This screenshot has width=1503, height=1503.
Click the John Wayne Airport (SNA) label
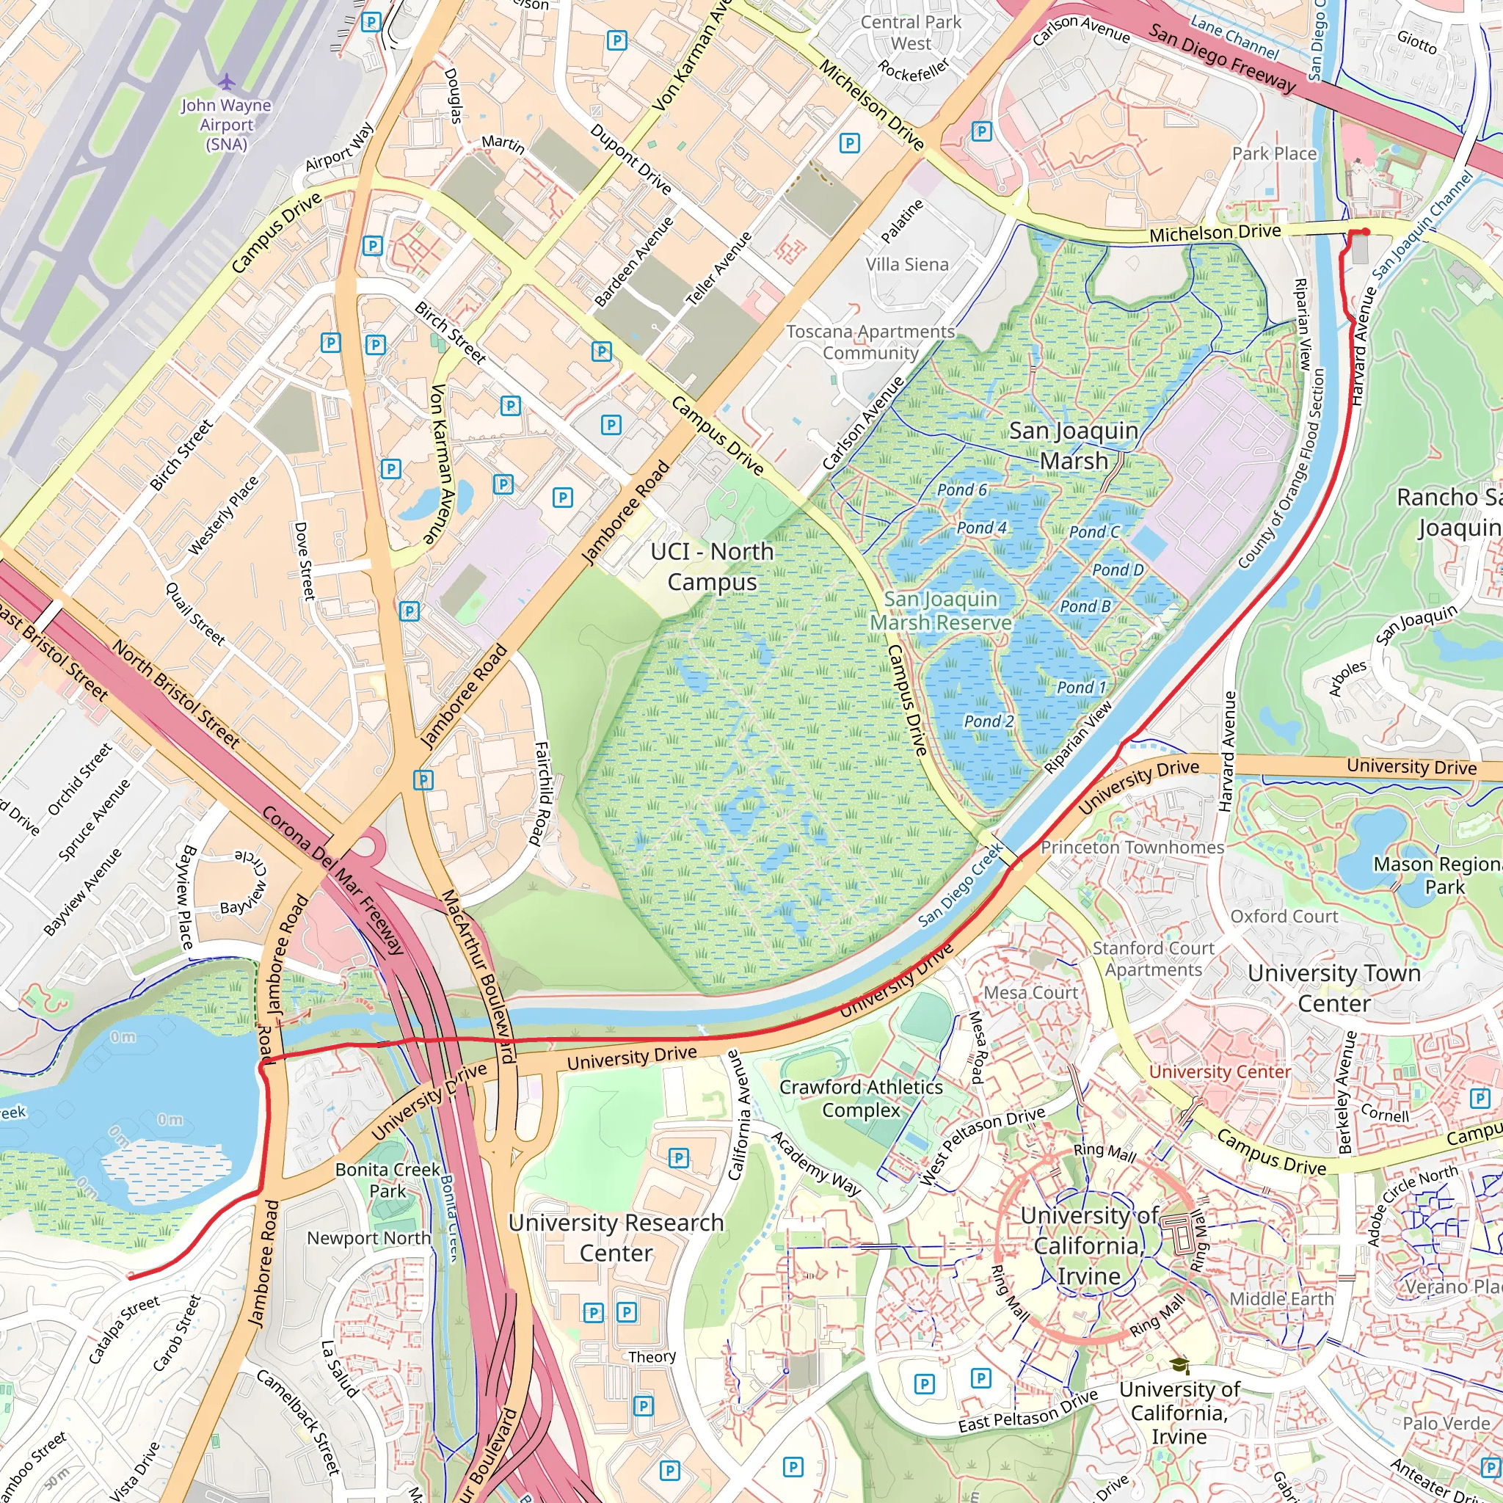pyautogui.click(x=225, y=125)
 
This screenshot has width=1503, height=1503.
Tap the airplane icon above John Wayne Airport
pyautogui.click(x=225, y=81)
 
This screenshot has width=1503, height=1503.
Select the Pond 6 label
pyautogui.click(x=961, y=490)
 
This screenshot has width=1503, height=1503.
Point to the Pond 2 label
pyautogui.click(x=988, y=721)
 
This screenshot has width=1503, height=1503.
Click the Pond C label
pyautogui.click(x=1093, y=532)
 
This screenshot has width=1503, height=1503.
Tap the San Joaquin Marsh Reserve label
pyautogui.click(x=941, y=611)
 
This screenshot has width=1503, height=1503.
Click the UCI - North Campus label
pyautogui.click(x=712, y=567)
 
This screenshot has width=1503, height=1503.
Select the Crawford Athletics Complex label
pyautogui.click(x=860, y=1098)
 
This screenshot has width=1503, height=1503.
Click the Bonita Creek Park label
pyautogui.click(x=387, y=1179)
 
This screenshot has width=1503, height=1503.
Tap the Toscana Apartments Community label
pyautogui.click(x=870, y=342)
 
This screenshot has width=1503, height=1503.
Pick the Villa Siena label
pyautogui.click(x=907, y=264)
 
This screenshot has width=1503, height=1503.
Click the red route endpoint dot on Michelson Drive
pyautogui.click(x=1365, y=232)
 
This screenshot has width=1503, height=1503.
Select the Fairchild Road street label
pyautogui.click(x=542, y=793)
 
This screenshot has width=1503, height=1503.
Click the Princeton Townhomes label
pyautogui.click(x=1132, y=847)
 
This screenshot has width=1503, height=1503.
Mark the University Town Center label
pyautogui.click(x=1333, y=988)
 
